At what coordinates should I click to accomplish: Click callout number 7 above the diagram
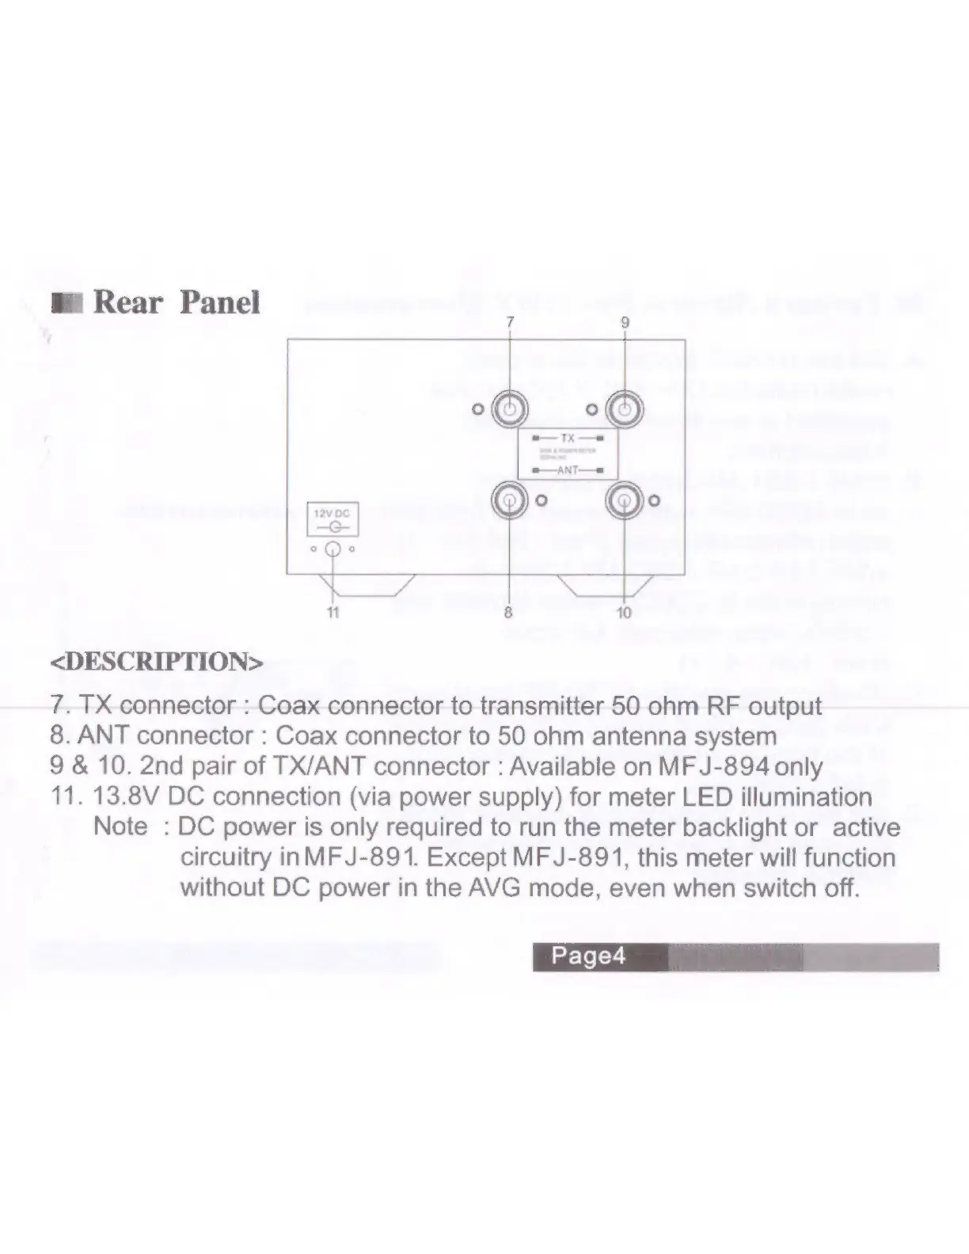coord(510,321)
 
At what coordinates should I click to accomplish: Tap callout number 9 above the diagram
coord(625,321)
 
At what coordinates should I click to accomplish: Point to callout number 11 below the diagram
coord(333,612)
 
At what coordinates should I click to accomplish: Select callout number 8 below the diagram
coord(508,612)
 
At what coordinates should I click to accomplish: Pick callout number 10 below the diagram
coord(624,612)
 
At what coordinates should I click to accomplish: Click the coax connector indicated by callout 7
coord(510,409)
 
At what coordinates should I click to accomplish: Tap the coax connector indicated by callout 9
coord(625,409)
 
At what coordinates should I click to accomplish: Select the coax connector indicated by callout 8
coord(508,500)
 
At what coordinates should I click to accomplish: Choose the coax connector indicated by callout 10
coord(625,500)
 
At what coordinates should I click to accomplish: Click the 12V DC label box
coord(332,519)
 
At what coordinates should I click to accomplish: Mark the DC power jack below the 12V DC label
coord(333,549)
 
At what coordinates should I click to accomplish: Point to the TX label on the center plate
coord(568,438)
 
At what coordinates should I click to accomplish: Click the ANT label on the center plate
coord(568,470)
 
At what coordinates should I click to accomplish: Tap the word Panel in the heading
coord(220,302)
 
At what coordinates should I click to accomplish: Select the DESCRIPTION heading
coord(156,662)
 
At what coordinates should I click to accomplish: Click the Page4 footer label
coord(587,956)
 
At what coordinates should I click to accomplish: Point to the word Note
coord(120,826)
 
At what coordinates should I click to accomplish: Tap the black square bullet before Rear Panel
coord(66,303)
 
